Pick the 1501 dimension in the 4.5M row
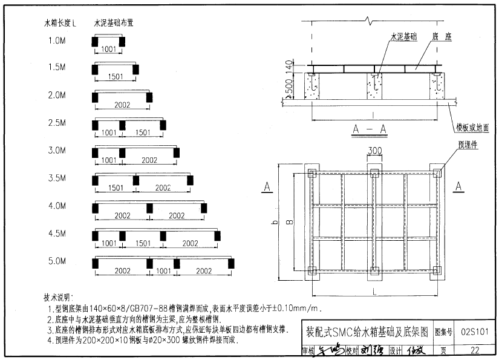pyautogui.click(x=143, y=243)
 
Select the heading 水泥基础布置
pyautogui.click(x=114, y=24)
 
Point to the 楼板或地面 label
pyautogui.click(x=472, y=128)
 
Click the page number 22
pyautogui.click(x=474, y=350)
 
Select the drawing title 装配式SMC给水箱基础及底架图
pyautogui.click(x=367, y=332)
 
